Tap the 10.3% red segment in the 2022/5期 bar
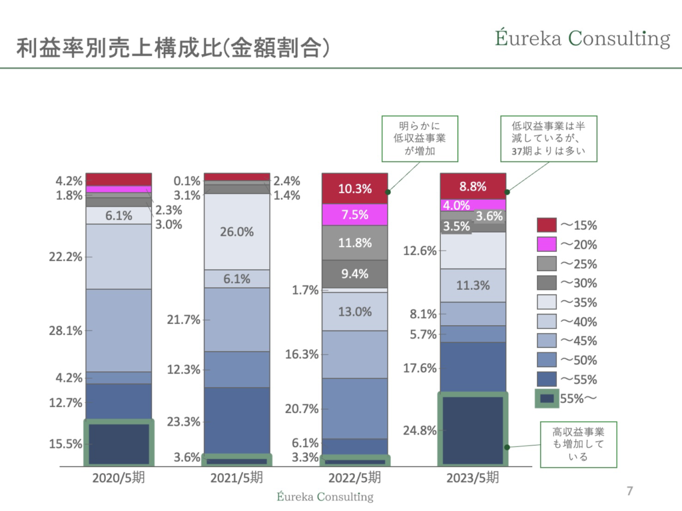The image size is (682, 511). pos(354,189)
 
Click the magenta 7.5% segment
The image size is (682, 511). pos(354,215)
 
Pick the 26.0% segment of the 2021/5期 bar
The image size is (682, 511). pos(237,232)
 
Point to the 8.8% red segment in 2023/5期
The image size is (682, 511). pos(473,187)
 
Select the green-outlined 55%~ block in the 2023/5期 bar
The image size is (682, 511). pos(473,430)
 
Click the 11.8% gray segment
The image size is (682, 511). pos(354,243)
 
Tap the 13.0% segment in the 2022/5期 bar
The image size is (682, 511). pos(354,311)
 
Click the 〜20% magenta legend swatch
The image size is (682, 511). pos(547,245)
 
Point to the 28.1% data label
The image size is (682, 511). pos(66,330)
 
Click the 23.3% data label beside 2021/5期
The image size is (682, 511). pos(184,422)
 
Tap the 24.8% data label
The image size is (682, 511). pos(420,430)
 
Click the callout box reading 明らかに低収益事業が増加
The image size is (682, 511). pos(419,139)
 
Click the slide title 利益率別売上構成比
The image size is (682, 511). pos(173,48)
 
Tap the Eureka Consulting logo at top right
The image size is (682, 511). pos(582,38)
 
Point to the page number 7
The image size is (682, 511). pos(629,492)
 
